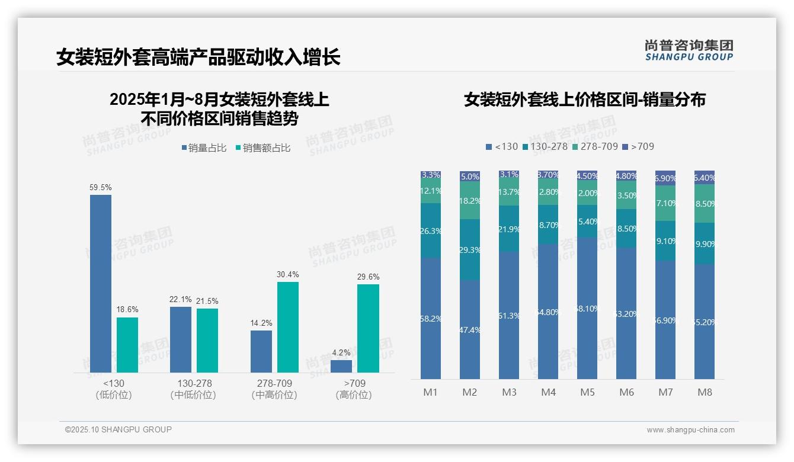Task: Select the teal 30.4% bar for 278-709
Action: [288, 327]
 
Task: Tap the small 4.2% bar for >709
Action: [341, 366]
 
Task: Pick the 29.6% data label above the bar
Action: [369, 277]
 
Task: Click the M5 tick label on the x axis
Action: [587, 392]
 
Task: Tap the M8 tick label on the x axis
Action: [705, 392]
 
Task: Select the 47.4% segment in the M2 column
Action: [469, 329]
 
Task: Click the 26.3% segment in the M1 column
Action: [431, 230]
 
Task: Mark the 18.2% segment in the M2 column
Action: [469, 200]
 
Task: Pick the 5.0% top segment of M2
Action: [469, 177]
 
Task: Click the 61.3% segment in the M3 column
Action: [509, 315]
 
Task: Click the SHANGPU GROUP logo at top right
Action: [689, 50]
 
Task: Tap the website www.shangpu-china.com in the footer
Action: [690, 430]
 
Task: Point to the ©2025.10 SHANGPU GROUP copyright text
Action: [119, 429]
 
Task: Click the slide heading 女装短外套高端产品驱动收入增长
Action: [198, 57]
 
